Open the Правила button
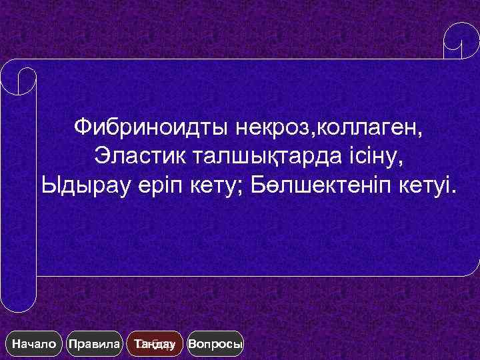[95, 345]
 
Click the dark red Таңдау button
[155, 345]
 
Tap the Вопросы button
[216, 345]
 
